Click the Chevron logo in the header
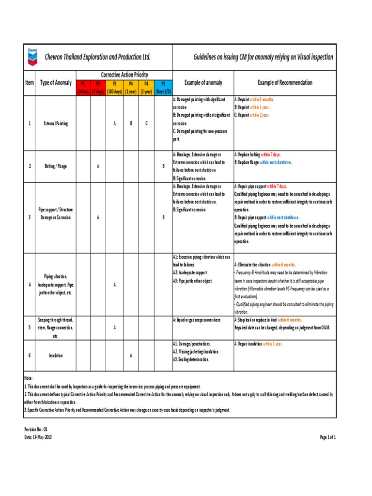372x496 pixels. pos(32,57)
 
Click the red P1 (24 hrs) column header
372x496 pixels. pos(83,87)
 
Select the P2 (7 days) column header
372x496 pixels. pos(98,87)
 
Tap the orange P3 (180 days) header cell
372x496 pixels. pos(114,87)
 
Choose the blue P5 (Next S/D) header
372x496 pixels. pos(163,87)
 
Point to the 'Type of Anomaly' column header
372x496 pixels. pos(56,83)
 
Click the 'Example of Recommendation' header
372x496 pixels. pos(285,83)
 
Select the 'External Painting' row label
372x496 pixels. pos(56,124)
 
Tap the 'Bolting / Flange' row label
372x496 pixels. pos(56,166)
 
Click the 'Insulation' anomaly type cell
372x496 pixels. pos(56,356)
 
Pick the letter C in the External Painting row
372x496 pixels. pos(147,124)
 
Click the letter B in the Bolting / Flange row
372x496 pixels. pos(163,166)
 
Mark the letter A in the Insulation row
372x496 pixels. pos(131,356)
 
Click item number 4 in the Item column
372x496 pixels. pos(30,284)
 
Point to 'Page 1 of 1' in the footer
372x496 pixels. pos(327,437)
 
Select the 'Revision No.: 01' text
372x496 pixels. pos(36,430)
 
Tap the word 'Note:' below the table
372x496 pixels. pos(29,378)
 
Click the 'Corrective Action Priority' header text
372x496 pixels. pos(124,75)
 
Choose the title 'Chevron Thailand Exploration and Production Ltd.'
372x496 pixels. pos(97,57)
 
